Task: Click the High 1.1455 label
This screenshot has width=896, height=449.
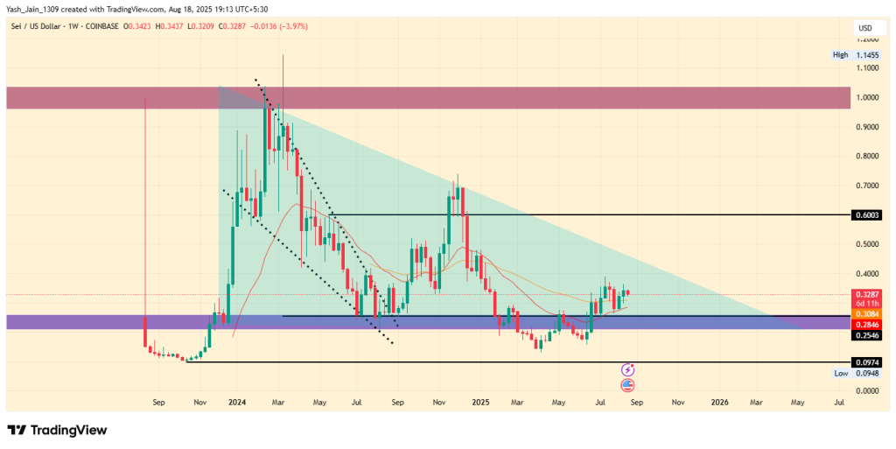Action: click(x=855, y=55)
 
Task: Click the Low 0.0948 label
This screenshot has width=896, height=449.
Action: click(x=855, y=373)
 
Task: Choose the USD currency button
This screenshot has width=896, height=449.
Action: click(x=865, y=29)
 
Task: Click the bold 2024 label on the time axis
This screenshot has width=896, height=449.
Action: click(x=237, y=403)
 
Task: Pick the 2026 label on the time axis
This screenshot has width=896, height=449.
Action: click(x=719, y=403)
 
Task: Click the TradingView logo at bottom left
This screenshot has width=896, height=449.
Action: click(x=57, y=430)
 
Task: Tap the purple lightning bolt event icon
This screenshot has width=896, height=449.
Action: click(x=627, y=370)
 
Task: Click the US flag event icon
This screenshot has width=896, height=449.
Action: click(x=627, y=384)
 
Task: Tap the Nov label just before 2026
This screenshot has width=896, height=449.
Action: click(x=678, y=403)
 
